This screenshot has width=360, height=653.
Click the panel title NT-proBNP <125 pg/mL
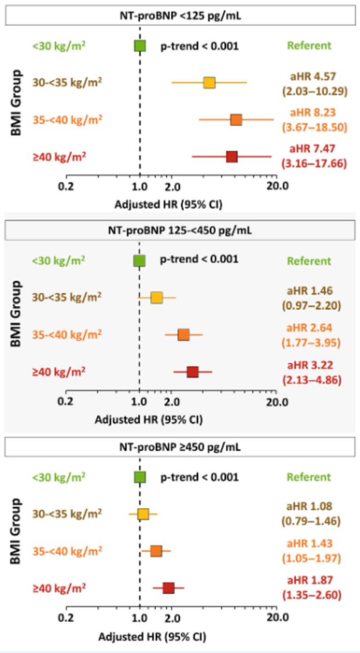click(180, 16)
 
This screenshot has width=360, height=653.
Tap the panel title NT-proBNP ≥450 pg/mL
click(180, 448)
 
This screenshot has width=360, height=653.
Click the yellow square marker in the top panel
click(209, 82)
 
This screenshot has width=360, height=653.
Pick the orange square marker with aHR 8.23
click(235, 120)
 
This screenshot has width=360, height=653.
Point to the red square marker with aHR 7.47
click(232, 157)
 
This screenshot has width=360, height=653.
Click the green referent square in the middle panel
click(140, 261)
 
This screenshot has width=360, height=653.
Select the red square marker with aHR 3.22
click(193, 372)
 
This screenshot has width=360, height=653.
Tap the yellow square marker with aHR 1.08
click(143, 514)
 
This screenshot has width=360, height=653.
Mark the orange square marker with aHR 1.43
click(156, 551)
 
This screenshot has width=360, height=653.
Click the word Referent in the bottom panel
click(309, 477)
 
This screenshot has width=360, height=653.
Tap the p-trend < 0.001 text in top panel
click(199, 46)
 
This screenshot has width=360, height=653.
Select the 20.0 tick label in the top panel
click(277, 186)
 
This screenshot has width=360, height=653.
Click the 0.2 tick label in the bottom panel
click(66, 618)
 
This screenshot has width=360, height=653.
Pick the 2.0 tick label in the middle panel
click(172, 403)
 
